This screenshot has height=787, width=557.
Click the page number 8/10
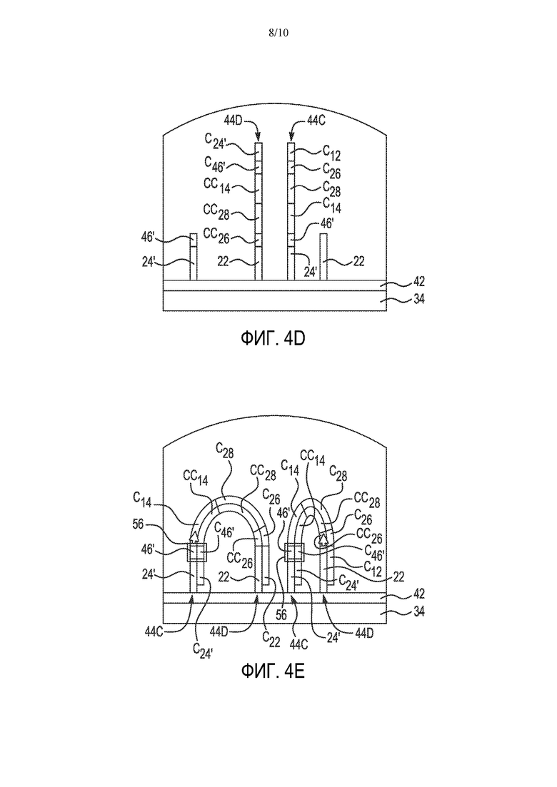pyautogui.click(x=278, y=33)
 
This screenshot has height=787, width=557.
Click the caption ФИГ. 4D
pyautogui.click(x=274, y=339)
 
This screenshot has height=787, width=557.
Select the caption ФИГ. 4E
pyautogui.click(x=274, y=670)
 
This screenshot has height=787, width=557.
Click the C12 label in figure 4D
pyautogui.click(x=331, y=153)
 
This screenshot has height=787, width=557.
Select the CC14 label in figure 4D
pyautogui.click(x=217, y=186)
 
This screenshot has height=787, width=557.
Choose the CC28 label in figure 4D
pyautogui.click(x=216, y=210)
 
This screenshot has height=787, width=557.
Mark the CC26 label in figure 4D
pyautogui.click(x=216, y=235)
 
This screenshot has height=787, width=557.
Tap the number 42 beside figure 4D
pyautogui.click(x=419, y=282)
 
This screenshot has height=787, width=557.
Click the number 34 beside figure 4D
pyautogui.click(x=419, y=300)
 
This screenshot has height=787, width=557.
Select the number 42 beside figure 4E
pyautogui.click(x=419, y=594)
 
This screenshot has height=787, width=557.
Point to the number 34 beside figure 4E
pyautogui.click(x=419, y=611)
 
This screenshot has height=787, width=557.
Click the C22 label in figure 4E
pyautogui.click(x=272, y=638)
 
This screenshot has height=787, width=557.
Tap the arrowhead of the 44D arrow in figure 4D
pyautogui.click(x=259, y=138)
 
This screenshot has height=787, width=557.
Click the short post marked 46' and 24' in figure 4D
pyautogui.click(x=193, y=257)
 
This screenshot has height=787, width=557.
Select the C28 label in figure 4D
pyautogui.click(x=331, y=189)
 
